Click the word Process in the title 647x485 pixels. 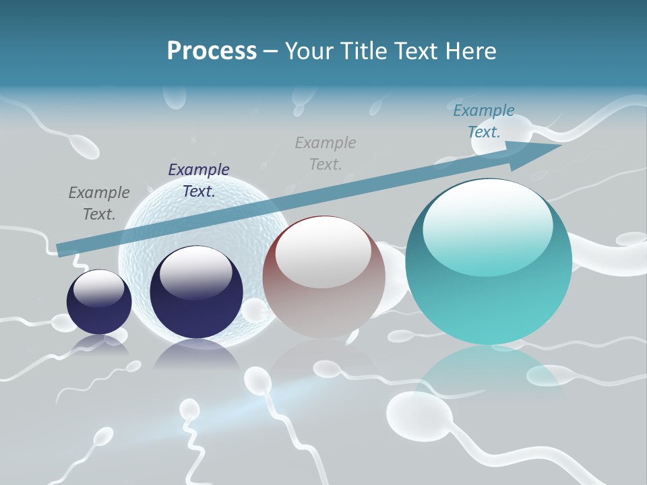tap(212, 51)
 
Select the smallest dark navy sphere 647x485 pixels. tap(99, 302)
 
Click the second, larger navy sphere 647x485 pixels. tap(196, 292)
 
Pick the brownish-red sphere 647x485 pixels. tap(323, 276)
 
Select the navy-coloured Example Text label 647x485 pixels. tap(199, 181)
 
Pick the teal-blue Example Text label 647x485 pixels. tap(484, 121)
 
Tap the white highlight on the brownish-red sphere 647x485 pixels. tap(323, 253)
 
